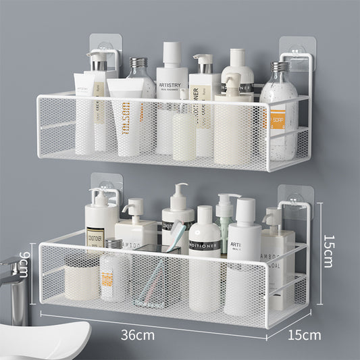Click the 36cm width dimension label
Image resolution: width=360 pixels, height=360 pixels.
[x=138, y=334]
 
